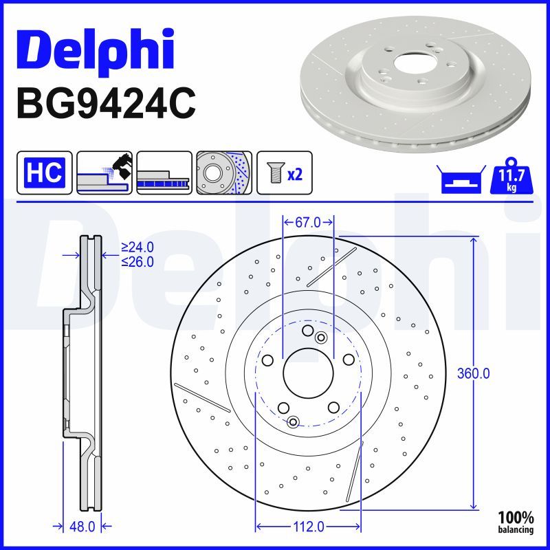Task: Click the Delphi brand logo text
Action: pyautogui.click(x=96, y=49)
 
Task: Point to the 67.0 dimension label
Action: pyautogui.click(x=308, y=222)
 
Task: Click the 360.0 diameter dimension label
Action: pyautogui.click(x=474, y=374)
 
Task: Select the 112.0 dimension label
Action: pyautogui.click(x=308, y=527)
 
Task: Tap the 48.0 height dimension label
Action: pyautogui.click(x=82, y=527)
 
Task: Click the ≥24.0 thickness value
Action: pyautogui.click(x=137, y=247)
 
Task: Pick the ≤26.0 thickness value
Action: pyautogui.click(x=137, y=261)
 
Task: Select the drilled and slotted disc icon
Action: pyautogui.click(x=224, y=173)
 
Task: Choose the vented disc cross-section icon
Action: pyautogui.click(x=164, y=173)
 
